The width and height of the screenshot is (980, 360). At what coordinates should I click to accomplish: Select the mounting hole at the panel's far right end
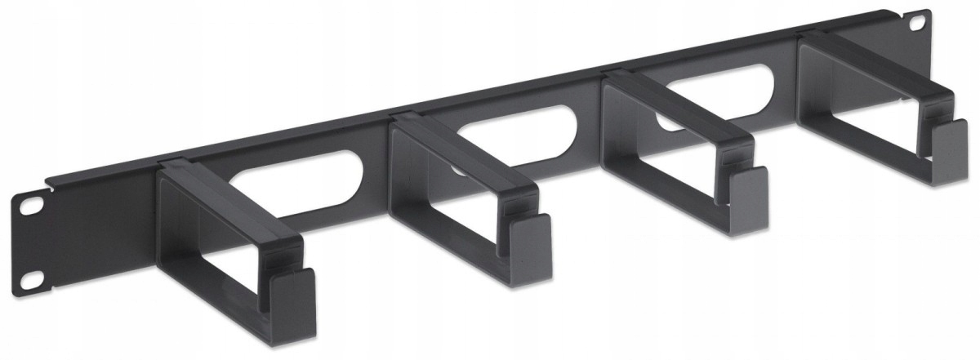click(922, 17)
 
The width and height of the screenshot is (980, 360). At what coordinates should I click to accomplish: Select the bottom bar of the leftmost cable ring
click(220, 305)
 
